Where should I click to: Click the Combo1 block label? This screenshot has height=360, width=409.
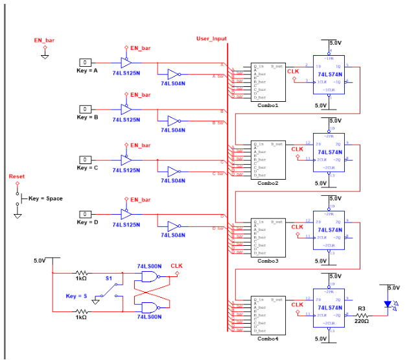click(x=268, y=105)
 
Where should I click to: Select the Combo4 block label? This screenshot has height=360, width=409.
click(x=268, y=339)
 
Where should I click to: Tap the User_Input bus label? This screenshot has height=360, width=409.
click(x=211, y=39)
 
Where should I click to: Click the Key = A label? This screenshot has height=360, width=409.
click(x=87, y=71)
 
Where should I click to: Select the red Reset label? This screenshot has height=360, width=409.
click(x=17, y=176)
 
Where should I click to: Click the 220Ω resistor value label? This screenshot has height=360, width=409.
click(x=362, y=320)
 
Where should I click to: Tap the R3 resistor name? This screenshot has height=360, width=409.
click(x=362, y=309)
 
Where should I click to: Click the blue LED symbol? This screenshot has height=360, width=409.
click(x=388, y=304)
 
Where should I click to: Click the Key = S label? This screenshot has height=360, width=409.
click(x=76, y=296)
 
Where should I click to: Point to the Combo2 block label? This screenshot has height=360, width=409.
click(x=268, y=183)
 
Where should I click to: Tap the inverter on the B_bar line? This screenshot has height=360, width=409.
click(x=172, y=121)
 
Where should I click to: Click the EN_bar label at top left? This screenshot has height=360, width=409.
click(x=44, y=40)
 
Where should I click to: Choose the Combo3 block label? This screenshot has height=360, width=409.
click(x=268, y=261)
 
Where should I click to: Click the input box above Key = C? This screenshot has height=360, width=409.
click(x=86, y=160)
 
